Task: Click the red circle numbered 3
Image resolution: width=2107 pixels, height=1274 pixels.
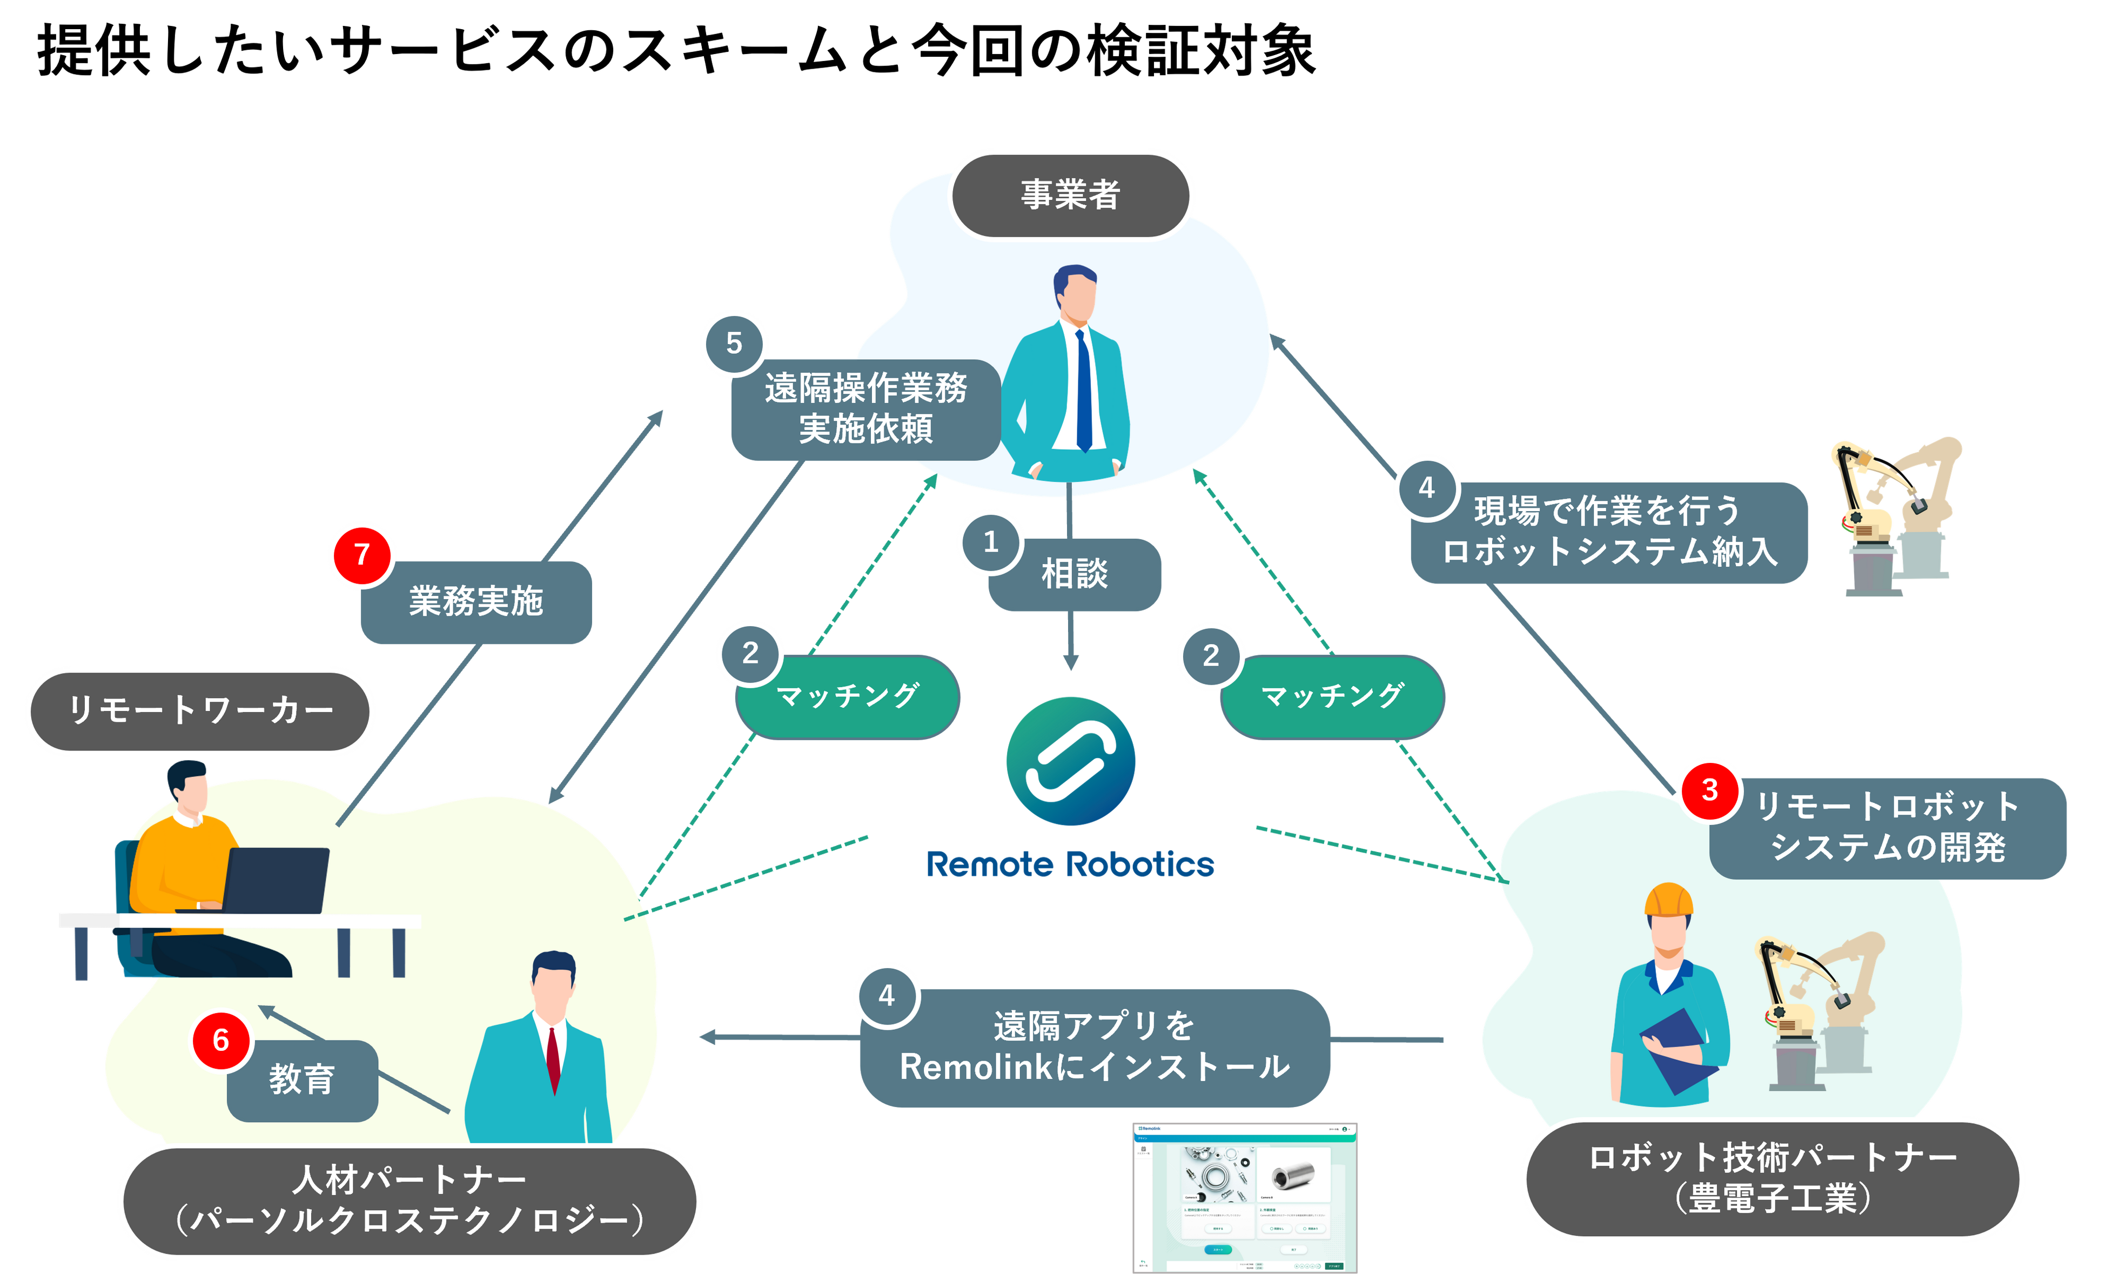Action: pos(1709,789)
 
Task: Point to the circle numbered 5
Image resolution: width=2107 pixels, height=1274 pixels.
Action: pos(734,343)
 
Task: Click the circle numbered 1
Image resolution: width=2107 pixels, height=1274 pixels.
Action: pos(990,541)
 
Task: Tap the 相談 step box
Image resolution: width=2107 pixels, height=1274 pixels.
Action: pos(1075,574)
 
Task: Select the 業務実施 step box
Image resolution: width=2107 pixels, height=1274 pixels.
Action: pos(477,602)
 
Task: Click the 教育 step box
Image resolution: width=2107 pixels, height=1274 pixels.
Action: pos(302,1080)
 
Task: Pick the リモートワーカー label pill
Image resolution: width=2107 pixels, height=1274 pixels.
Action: pos(200,710)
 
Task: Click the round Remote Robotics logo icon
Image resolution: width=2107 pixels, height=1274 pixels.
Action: pos(1071,761)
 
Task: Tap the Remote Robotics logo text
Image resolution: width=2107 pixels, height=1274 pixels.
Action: pos(1071,864)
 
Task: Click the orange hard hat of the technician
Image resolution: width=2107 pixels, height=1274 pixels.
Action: pos(1668,900)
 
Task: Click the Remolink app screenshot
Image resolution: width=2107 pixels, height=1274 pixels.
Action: pos(1244,1197)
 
